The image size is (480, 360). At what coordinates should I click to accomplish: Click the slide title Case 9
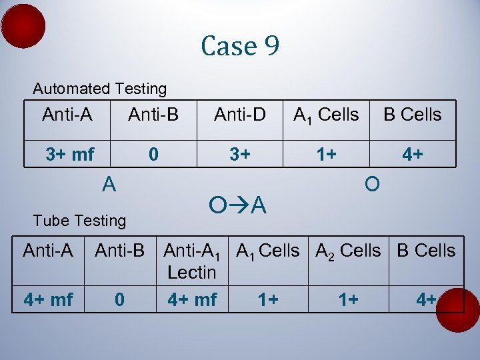[x=240, y=46]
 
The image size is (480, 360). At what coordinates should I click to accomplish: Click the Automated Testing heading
[x=100, y=89]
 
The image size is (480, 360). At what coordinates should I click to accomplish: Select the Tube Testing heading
[x=79, y=220]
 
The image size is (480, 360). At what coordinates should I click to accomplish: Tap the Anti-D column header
[x=240, y=115]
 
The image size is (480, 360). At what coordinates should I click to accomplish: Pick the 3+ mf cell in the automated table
[x=70, y=155]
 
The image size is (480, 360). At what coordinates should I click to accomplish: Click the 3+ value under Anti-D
[x=240, y=155]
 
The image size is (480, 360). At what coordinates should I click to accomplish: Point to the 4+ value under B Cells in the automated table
[x=412, y=155]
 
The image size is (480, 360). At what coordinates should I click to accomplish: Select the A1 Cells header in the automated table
[x=327, y=115]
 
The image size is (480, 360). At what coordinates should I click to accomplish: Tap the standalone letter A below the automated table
[x=109, y=183]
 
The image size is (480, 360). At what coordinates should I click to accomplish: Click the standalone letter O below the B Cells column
[x=373, y=183]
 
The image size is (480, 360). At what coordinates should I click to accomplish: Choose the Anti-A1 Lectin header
[x=192, y=261]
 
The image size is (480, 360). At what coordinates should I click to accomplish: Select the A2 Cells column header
[x=348, y=251]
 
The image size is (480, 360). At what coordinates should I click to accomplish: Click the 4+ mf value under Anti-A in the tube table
[x=48, y=299]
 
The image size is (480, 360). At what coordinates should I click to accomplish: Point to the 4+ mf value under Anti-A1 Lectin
[x=192, y=299]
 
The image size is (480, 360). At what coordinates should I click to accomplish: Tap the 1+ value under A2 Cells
[x=348, y=299]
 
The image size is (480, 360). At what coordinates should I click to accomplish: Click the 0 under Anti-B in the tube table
[x=119, y=299]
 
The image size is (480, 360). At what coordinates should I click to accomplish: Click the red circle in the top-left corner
[x=23, y=26]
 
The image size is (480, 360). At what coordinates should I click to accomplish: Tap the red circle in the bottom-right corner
[x=458, y=310]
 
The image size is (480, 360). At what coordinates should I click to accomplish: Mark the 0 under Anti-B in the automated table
[x=153, y=155]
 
